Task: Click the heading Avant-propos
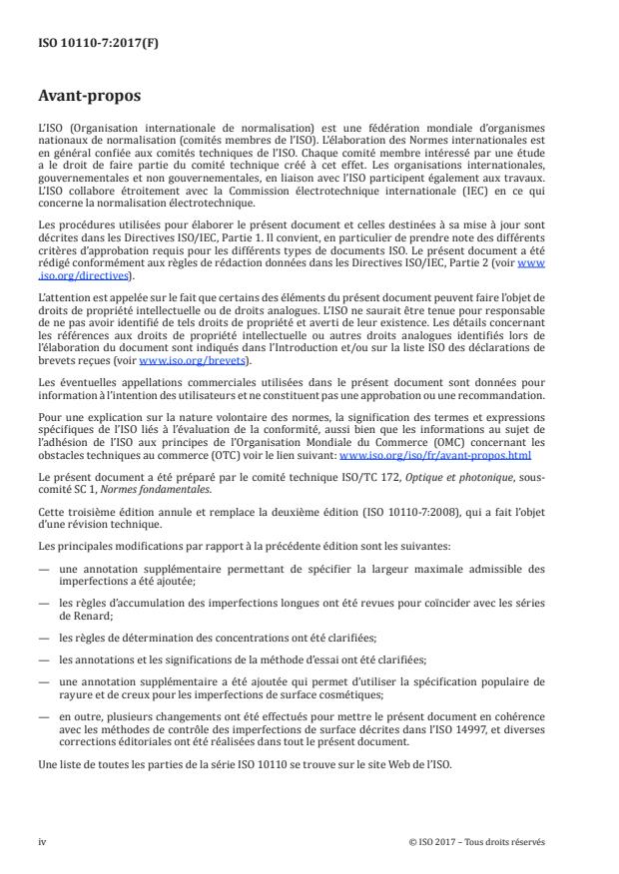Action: [86, 98]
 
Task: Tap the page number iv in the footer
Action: [41, 841]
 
